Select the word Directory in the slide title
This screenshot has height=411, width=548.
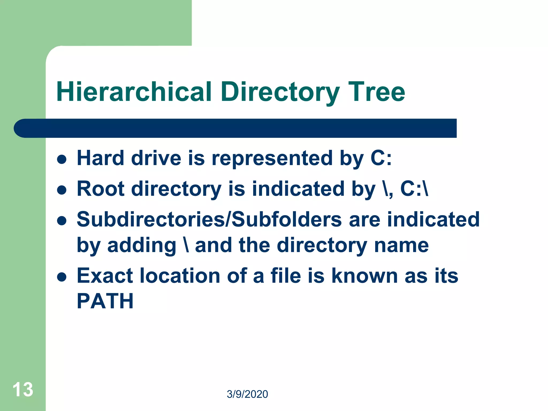(280, 92)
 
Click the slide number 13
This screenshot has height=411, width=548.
(23, 390)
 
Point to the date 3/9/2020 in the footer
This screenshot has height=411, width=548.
(247, 394)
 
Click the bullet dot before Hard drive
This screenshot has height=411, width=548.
(62, 159)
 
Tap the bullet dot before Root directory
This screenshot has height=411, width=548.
(62, 190)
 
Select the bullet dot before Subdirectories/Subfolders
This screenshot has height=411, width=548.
(62, 221)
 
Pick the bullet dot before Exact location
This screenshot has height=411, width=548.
(62, 277)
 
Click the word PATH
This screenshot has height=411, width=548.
(105, 301)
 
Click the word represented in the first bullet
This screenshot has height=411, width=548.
(272, 158)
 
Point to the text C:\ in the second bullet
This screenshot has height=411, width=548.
(414, 189)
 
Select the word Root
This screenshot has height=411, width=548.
(101, 189)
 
